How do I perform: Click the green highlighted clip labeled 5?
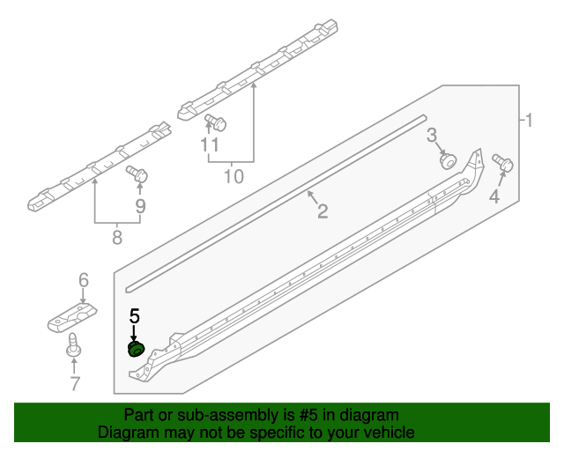point(136,350)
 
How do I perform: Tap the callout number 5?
point(135,315)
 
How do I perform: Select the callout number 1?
point(529,120)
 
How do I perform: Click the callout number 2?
point(323,211)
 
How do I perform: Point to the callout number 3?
point(432,134)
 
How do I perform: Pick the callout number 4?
point(494,197)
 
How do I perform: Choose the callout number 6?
point(84,280)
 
